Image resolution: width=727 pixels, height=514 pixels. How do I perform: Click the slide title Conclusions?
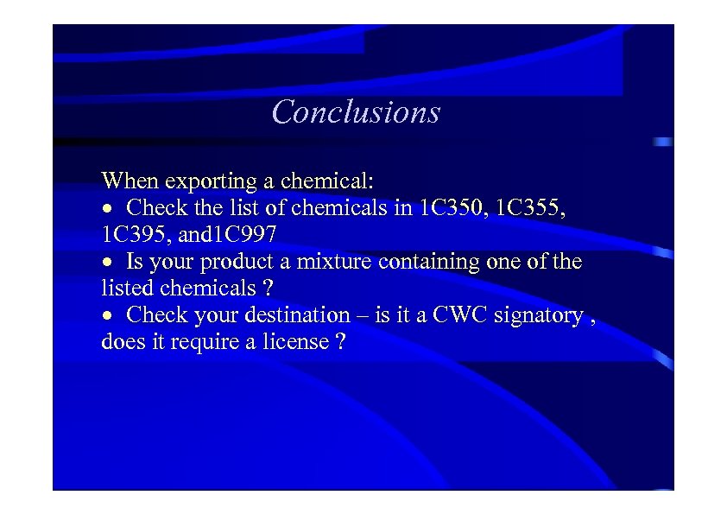tap(356, 112)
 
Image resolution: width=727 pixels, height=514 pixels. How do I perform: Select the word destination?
tap(298, 315)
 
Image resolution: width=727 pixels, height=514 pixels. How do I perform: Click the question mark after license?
tap(340, 342)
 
